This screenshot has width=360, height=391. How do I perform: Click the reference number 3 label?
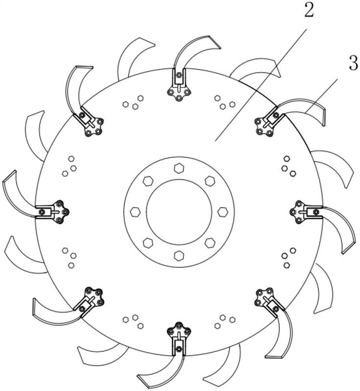tap(354, 64)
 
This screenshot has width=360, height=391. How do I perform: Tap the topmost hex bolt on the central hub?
tap(179, 168)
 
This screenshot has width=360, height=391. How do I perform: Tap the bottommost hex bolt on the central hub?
tap(179, 256)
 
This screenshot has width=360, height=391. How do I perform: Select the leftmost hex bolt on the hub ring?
tap(135, 212)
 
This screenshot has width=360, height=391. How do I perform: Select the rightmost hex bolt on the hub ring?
tap(223, 212)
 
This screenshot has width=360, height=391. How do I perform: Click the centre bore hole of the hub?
tap(179, 212)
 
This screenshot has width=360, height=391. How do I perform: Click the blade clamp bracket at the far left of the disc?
tap(52, 212)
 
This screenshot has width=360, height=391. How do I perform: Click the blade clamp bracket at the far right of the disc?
tap(306, 212)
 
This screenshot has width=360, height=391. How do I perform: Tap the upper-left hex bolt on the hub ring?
tap(148, 181)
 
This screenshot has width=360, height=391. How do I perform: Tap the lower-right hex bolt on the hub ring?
tap(210, 243)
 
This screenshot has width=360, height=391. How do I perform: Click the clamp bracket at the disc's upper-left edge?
tap(89, 122)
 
